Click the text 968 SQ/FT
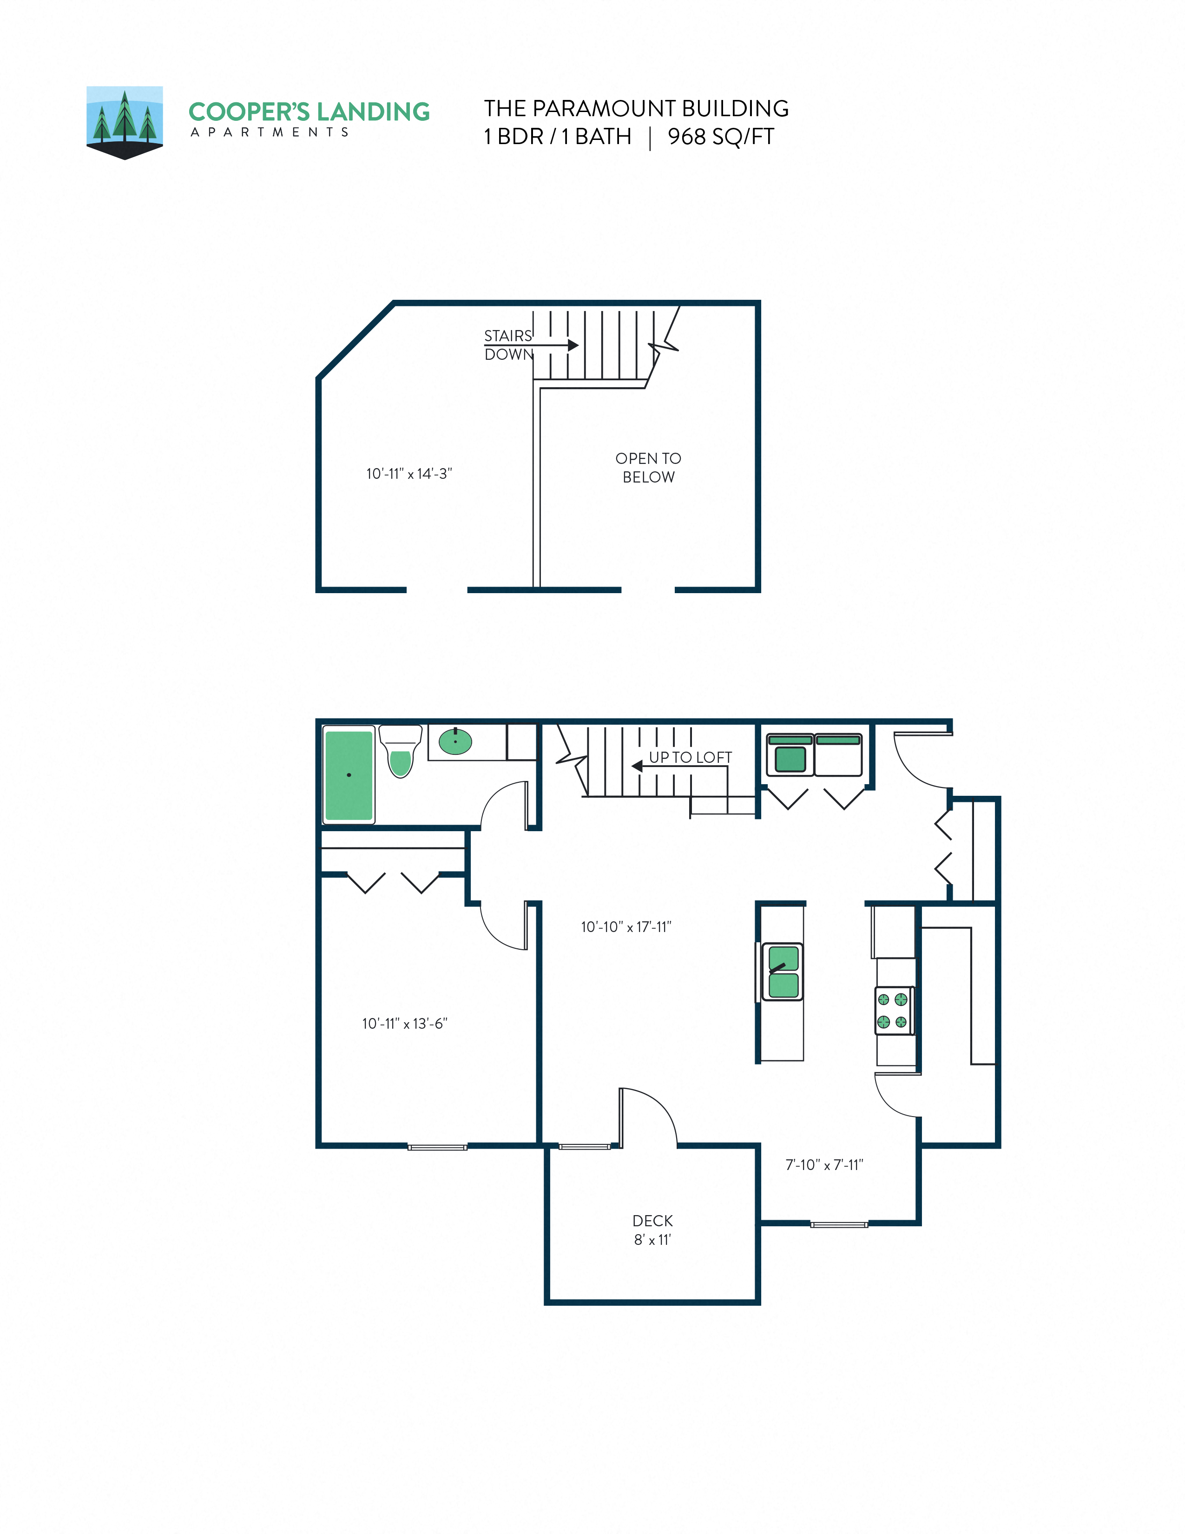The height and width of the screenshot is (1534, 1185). point(720,136)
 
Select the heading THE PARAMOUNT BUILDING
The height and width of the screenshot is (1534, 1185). point(636,108)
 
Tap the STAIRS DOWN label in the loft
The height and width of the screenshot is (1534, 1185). point(508,345)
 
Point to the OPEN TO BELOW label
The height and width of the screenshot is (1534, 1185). point(648,467)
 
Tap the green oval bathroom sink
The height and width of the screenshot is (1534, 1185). point(455,741)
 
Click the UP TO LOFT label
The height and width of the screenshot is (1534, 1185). point(690,757)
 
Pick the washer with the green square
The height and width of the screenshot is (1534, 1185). point(790,756)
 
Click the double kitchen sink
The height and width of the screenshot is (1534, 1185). point(783,972)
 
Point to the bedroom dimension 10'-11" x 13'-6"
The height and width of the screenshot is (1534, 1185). point(404,1024)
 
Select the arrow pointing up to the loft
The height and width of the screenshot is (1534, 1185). point(638,766)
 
